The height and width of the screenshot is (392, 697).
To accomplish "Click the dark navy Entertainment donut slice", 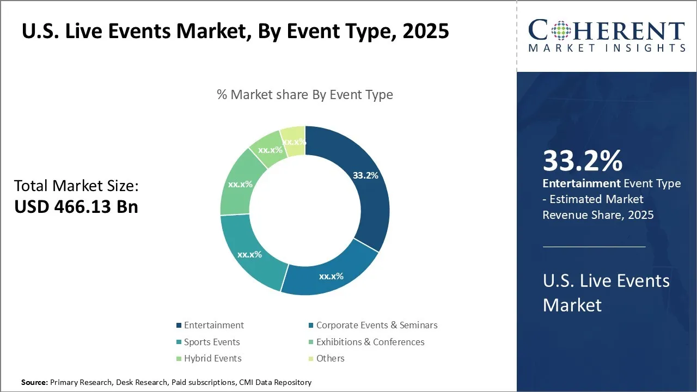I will pos(370,196).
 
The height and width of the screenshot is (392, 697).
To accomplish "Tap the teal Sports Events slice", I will pos(250,253).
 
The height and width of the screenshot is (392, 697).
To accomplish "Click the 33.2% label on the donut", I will pos(365,175).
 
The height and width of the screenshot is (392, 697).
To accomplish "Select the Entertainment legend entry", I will pos(213,325).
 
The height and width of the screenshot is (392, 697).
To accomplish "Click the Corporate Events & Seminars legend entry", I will pos(376,325).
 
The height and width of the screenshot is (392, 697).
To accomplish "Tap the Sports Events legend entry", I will pos(211,342).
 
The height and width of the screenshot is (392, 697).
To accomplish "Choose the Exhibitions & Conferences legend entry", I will pos(370,342).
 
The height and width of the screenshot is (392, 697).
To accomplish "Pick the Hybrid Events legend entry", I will pos(212,358).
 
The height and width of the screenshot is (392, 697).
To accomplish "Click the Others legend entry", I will pos(330,358).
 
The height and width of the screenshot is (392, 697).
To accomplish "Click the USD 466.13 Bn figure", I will pos(76,207).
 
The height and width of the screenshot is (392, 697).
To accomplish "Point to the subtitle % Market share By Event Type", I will pos(304,94).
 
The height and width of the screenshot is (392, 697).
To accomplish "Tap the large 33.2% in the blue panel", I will pos(582,161).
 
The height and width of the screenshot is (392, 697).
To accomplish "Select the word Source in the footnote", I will pos(34,383).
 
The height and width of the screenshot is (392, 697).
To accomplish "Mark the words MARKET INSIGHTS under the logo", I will pos(607,48).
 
